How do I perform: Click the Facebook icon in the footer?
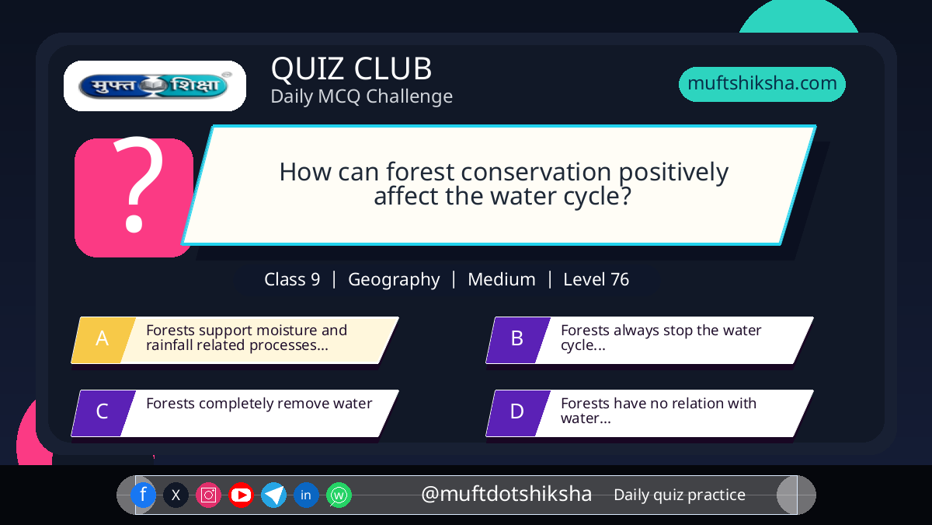click(143, 495)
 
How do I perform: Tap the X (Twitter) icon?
click(176, 495)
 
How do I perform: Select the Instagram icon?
click(208, 495)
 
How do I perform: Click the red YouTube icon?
click(241, 495)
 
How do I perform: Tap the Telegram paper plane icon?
click(273, 495)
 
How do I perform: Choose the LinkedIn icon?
click(306, 495)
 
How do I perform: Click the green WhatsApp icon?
click(339, 495)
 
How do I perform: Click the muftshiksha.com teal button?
click(762, 84)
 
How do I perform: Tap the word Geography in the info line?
click(394, 279)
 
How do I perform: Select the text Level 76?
click(596, 279)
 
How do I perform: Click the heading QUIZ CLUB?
click(352, 68)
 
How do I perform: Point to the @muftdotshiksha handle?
click(506, 494)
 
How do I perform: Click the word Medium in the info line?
click(502, 279)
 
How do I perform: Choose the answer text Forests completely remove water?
click(259, 404)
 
